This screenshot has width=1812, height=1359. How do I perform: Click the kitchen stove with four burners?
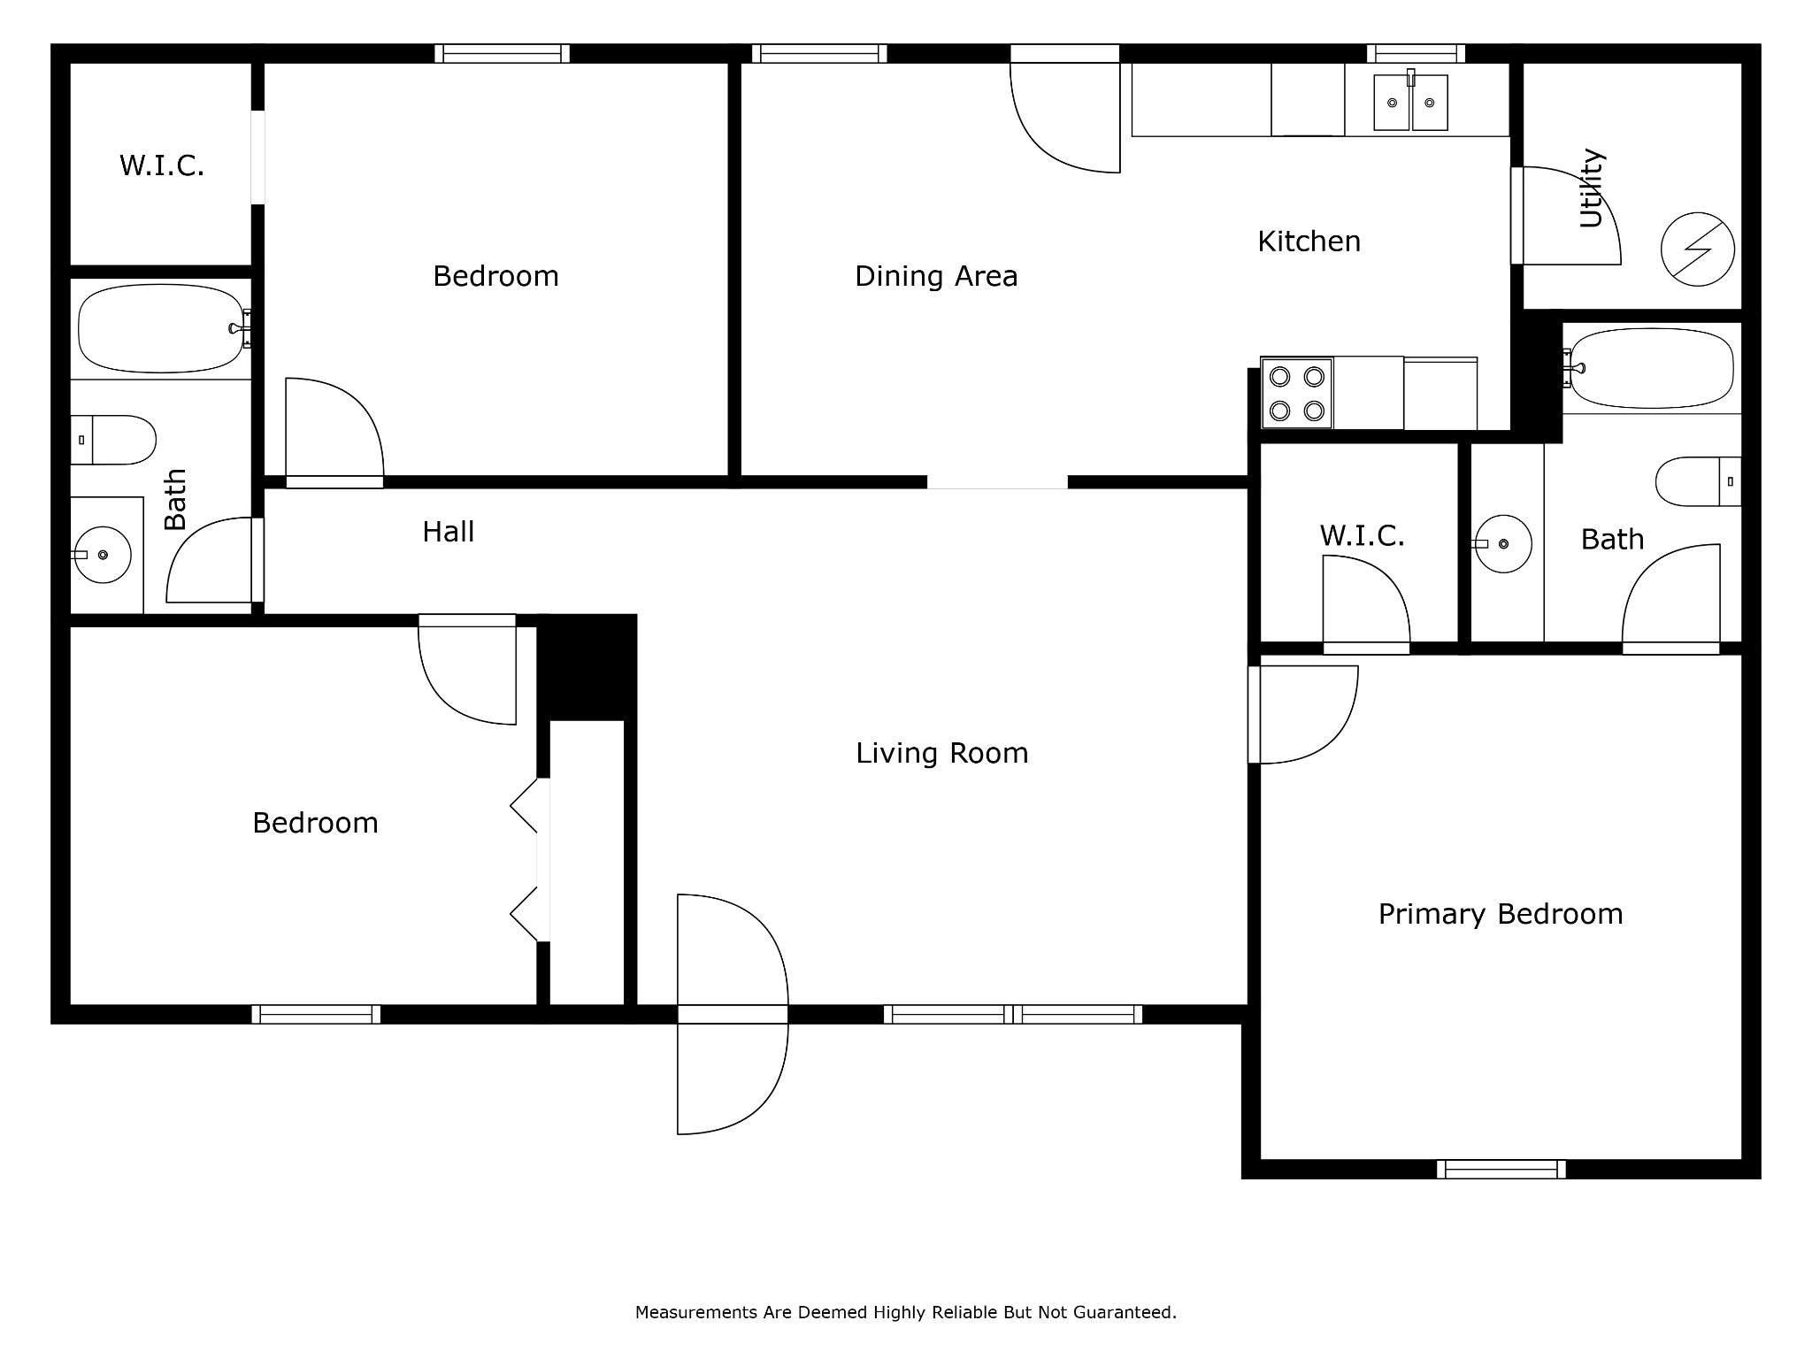[x=1296, y=394]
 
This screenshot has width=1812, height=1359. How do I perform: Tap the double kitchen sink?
[x=1410, y=103]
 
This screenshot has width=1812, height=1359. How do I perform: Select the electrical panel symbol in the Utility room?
[x=1698, y=250]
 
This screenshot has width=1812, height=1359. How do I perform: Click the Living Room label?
[x=942, y=753]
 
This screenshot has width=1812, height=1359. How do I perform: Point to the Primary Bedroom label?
[x=1501, y=914]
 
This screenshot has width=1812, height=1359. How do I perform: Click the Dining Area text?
[x=936, y=276]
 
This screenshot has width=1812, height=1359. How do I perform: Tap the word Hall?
[x=449, y=532]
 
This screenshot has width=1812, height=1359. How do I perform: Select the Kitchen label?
[x=1309, y=241]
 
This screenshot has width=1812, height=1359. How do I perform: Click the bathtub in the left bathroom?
[x=162, y=328]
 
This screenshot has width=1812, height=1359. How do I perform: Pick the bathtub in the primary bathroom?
[x=1651, y=368]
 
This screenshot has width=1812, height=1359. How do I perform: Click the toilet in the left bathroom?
[x=113, y=440]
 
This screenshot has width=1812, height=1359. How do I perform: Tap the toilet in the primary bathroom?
[x=1698, y=481]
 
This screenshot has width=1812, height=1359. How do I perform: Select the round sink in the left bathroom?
[x=103, y=555]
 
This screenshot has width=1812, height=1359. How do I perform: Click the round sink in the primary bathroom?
[x=1503, y=544]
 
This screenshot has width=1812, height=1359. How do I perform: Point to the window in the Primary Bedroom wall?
[x=1501, y=1170]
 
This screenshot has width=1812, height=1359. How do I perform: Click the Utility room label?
[x=1592, y=188]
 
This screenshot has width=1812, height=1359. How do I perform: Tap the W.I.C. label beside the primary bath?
[x=1363, y=535]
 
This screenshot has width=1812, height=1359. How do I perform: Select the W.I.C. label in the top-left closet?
[x=162, y=165]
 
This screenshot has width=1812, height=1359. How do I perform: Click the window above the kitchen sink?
[x=1416, y=53]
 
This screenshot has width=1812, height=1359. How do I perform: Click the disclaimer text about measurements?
[x=906, y=1313]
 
